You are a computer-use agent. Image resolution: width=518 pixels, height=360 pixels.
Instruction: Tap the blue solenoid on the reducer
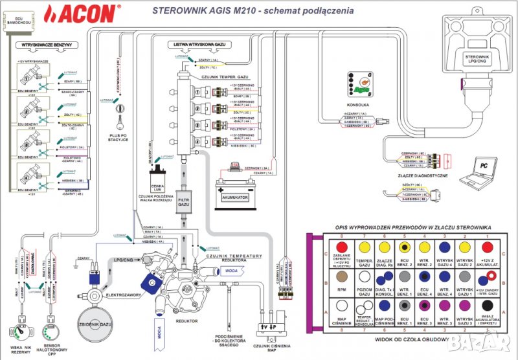[153, 283]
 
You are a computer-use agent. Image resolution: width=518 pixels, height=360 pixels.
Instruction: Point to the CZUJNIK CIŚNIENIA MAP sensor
[271, 327]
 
